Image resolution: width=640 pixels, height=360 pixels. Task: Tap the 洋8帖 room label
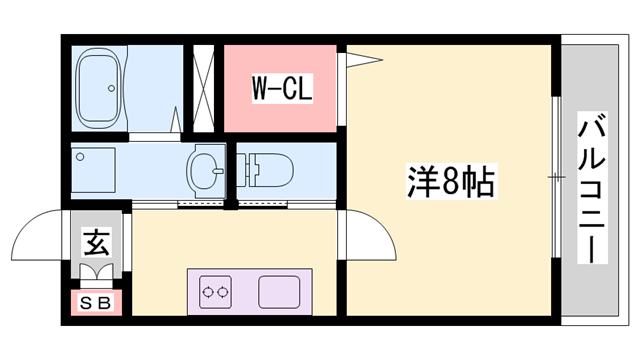(451, 183)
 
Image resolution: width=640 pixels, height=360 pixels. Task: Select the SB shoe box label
(96, 302)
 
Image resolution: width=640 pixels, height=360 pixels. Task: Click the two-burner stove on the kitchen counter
(214, 293)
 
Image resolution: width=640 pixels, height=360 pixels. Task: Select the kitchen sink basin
(279, 293)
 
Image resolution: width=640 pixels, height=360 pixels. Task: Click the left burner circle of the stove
(207, 293)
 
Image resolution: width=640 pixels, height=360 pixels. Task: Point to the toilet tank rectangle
(246, 170)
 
